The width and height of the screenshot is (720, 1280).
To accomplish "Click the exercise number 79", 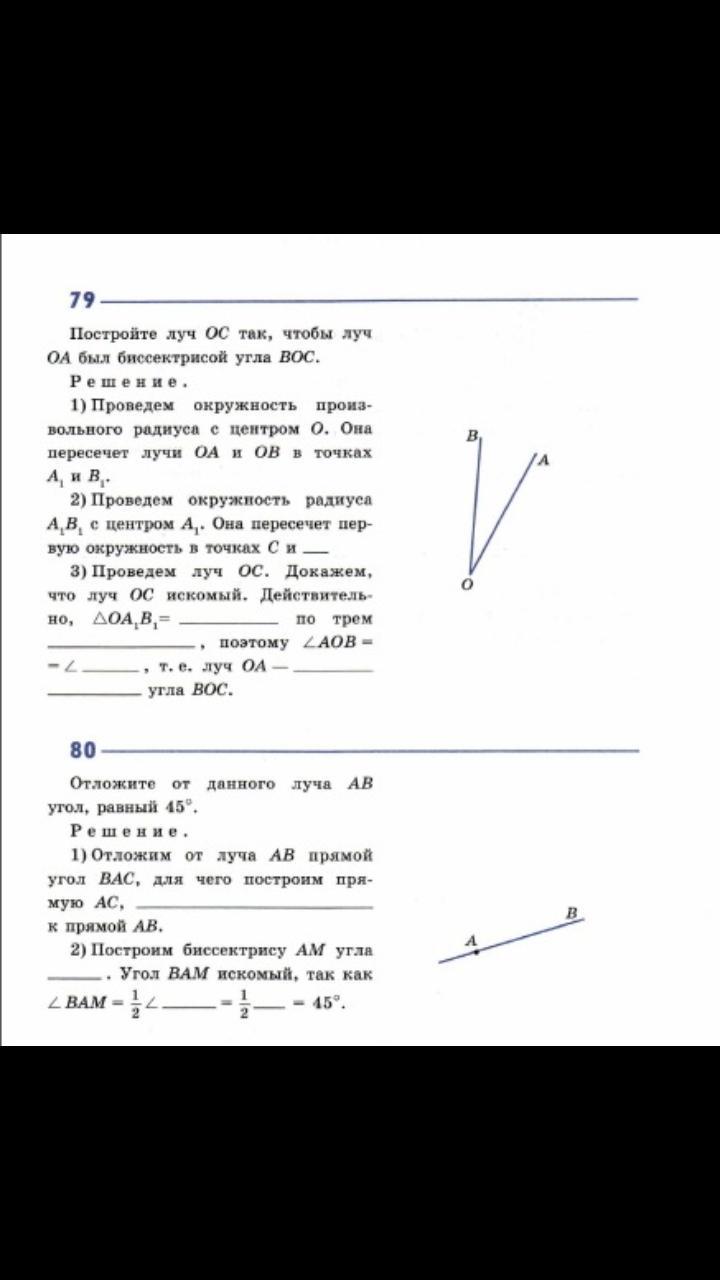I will [82, 300].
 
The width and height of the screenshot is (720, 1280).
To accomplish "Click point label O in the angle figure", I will [467, 582].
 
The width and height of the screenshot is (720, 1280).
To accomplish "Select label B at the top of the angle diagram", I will [472, 436].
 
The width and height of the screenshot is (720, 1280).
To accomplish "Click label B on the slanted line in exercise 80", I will [571, 912].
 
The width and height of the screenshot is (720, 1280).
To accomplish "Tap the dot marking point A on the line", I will [477, 952].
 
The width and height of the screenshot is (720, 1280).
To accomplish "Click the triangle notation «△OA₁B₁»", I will [127, 620].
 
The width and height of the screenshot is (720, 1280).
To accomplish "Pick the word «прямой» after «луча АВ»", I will [341, 856].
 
